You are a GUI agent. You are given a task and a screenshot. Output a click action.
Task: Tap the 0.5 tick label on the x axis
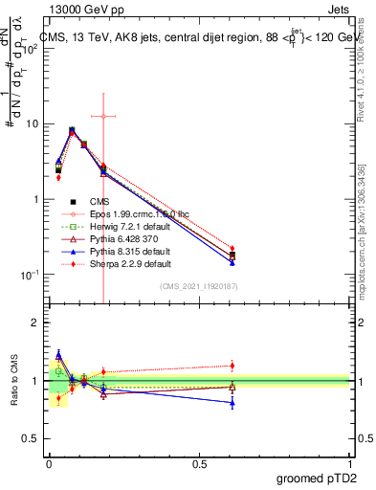tap(199, 462)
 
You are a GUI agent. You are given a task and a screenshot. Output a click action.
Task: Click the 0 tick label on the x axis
tap(49, 462)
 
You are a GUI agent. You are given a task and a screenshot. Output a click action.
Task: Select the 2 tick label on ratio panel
tap(34, 323)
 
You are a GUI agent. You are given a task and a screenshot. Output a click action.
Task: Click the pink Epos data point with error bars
tap(102, 116)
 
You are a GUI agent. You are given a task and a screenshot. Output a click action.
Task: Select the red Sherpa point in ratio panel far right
tap(232, 365)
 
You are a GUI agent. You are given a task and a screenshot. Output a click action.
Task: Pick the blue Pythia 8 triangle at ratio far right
tap(232, 403)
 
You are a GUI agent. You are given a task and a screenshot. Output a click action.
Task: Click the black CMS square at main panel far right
tap(232, 255)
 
